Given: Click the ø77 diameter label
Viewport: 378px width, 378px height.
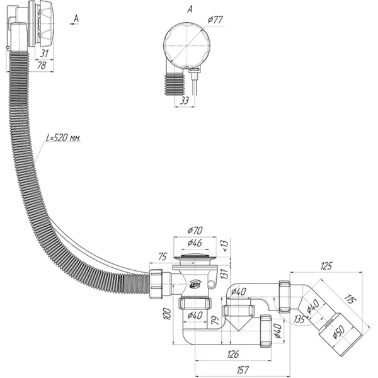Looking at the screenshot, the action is pos(215,20).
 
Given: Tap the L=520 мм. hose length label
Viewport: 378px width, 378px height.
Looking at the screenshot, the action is pos(63,138).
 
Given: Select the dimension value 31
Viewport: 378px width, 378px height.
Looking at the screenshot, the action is pos(44,54).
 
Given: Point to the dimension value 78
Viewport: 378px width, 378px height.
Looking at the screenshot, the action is pos(42,65).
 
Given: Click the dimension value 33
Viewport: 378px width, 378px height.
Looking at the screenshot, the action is pos(184,101).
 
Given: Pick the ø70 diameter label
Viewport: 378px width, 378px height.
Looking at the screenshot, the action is pos(195,231).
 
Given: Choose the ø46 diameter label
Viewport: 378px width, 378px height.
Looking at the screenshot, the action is pos(195,243).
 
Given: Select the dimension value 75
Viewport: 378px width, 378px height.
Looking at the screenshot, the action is pos(163,257).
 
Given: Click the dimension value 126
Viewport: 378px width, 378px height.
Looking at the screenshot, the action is pos(232,354).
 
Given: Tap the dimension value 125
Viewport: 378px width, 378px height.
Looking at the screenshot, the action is pos(326,266).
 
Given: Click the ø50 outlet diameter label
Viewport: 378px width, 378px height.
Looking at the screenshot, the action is pos(339,332).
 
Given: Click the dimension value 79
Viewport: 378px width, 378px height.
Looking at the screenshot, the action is pos(215,320).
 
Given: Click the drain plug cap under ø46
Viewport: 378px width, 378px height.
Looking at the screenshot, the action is pos(195,256).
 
